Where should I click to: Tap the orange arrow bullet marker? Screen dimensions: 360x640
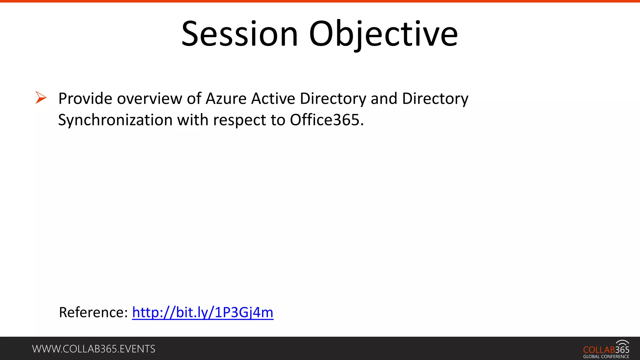41,97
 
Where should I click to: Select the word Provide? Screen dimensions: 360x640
85,99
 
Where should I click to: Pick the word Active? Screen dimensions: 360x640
273,99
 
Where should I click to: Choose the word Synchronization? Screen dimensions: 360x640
115,120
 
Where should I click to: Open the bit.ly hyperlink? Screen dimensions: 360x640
202,312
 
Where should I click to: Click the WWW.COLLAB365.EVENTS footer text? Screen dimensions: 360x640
94,349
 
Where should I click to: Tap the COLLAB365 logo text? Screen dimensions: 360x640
606,350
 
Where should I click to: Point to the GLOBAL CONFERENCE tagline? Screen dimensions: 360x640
606,357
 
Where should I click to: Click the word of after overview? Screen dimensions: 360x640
194,99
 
